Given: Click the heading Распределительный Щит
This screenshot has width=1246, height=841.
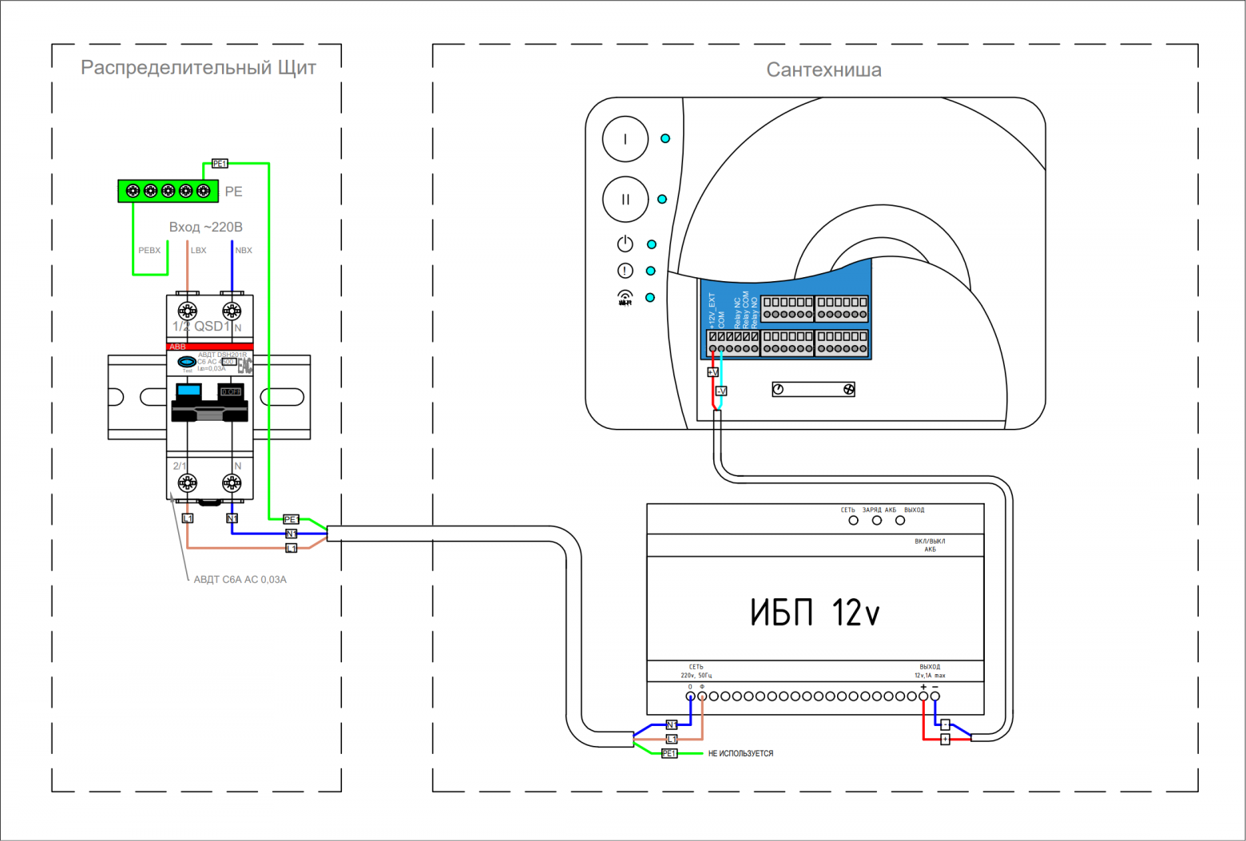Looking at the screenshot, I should [198, 68].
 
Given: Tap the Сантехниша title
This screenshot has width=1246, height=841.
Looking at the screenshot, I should [823, 70].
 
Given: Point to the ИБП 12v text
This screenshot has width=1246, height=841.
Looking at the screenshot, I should [815, 613].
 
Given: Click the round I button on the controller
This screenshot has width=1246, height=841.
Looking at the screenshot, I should [625, 139].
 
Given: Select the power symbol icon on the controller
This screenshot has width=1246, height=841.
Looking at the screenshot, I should [625, 244].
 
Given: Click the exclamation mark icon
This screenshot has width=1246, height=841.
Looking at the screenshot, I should [625, 271].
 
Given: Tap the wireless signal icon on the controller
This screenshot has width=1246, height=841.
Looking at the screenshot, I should [625, 298].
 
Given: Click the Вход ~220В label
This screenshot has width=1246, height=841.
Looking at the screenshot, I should [205, 227].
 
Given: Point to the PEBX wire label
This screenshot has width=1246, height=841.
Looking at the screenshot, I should [149, 250].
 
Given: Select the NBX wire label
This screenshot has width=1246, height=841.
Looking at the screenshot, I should [244, 250].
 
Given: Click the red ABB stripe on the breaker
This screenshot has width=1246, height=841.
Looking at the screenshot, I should [210, 347].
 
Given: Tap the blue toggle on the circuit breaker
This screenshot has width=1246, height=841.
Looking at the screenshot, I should [188, 391].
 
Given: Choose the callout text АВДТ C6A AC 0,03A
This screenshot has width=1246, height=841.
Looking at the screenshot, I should [240, 580].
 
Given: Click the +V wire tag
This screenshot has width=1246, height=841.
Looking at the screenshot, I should [712, 372].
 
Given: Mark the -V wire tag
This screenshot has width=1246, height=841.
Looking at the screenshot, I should [720, 391].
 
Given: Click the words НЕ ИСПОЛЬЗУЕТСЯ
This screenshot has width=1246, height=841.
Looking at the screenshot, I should [740, 753].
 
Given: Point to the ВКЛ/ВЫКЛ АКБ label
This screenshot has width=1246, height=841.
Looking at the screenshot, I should [930, 545].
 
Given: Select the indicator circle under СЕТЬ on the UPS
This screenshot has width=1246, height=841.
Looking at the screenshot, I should [853, 521].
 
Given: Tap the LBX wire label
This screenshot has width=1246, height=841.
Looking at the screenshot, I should [198, 250].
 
